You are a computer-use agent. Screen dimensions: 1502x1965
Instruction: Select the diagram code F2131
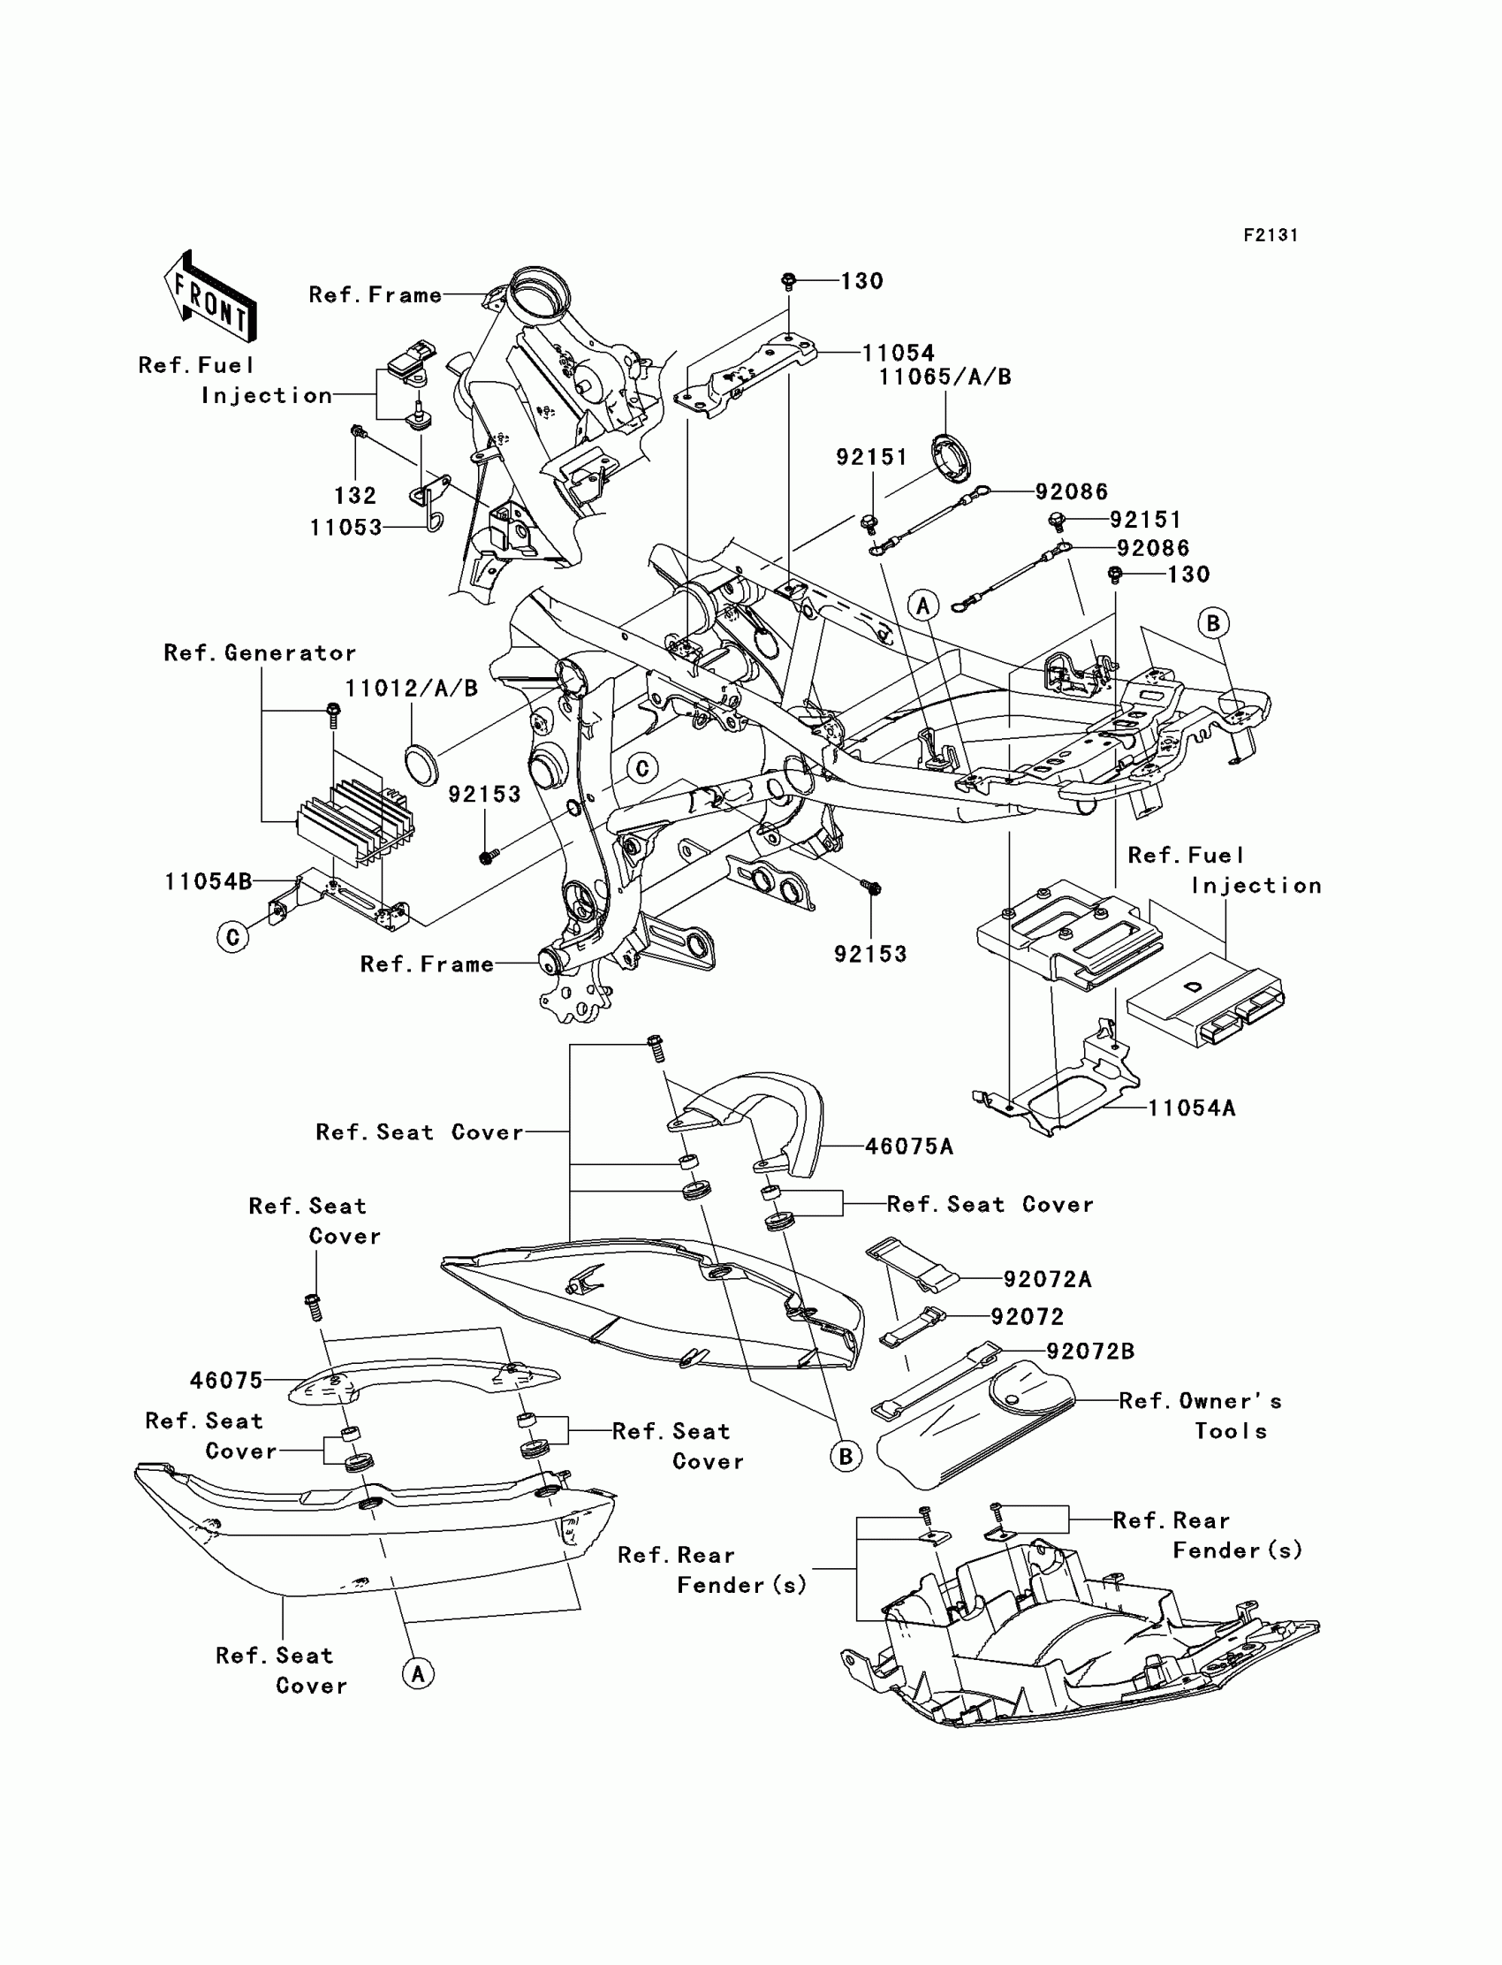click(1271, 235)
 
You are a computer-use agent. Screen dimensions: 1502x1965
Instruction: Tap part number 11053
click(346, 528)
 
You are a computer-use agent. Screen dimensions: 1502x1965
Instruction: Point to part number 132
click(355, 496)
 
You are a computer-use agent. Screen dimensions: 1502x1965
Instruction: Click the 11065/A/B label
click(945, 377)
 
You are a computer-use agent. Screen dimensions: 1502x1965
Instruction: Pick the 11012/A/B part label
click(412, 689)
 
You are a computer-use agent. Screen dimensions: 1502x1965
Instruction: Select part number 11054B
click(209, 882)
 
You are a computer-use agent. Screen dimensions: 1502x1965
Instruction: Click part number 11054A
click(1192, 1108)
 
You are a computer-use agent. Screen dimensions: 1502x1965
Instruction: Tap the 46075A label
click(909, 1146)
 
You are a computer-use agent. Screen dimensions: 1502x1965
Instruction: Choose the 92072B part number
click(1091, 1352)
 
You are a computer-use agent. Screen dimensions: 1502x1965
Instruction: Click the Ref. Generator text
click(260, 653)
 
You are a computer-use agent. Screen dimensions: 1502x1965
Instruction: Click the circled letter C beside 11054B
click(233, 936)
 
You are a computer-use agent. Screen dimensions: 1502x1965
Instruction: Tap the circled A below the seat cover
click(418, 1672)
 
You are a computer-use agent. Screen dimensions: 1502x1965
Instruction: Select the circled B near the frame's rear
click(1213, 622)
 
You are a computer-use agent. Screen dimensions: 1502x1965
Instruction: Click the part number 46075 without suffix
click(226, 1381)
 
